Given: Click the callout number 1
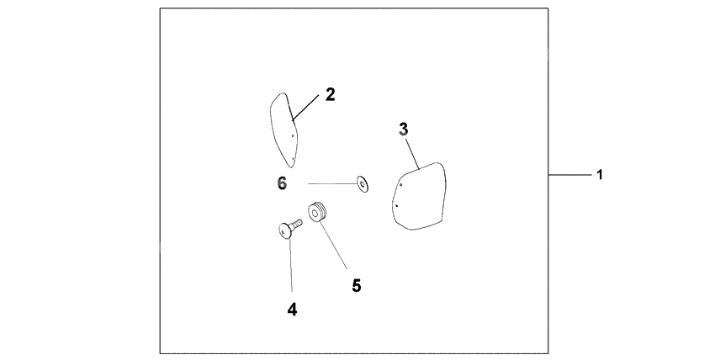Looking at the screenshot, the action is pos(600,174).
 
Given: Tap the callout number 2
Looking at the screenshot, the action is pos(330,95).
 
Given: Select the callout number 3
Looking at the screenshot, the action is pos(404,130).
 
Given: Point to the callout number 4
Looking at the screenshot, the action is pos(292,310).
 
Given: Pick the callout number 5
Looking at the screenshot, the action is pos(357,286).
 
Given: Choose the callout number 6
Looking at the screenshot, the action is pos(283,183).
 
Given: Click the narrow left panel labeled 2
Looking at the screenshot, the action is pos(283,130).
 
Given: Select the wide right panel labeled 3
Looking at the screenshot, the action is pos(420,196).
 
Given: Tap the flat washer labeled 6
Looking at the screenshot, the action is pos(363,184).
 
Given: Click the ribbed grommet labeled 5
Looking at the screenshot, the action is pos(317,212).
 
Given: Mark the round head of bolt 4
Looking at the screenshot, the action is pos(285,231).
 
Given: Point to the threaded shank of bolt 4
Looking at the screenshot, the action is pos(297,224).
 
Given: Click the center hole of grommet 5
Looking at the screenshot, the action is pos(315,213).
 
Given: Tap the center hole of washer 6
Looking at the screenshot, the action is pos(363,184).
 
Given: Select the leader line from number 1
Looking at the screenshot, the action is pos(569,174).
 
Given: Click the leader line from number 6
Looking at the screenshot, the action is pos(332,183).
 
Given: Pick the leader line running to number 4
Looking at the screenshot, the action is pos(290,265).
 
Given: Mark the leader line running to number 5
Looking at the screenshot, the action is pos(333,246).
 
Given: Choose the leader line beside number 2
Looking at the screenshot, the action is pos(305,107).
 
